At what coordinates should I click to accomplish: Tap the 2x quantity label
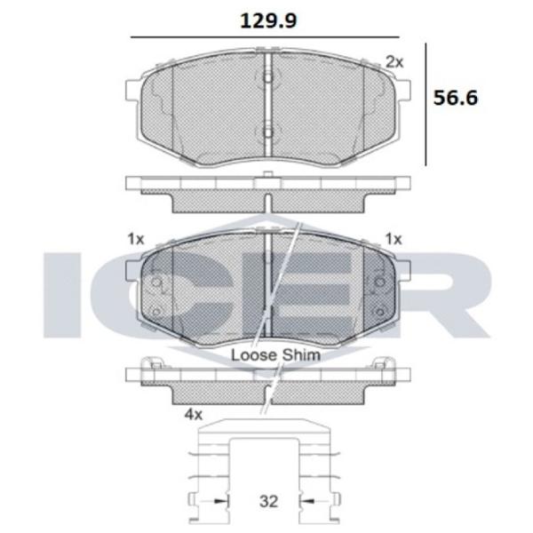pos(394,61)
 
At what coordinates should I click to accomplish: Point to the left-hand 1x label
pos(135,239)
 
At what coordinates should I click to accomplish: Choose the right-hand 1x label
pos(393,239)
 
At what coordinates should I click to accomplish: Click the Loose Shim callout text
pos(275,354)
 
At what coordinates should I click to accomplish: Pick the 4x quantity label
pos(193,413)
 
